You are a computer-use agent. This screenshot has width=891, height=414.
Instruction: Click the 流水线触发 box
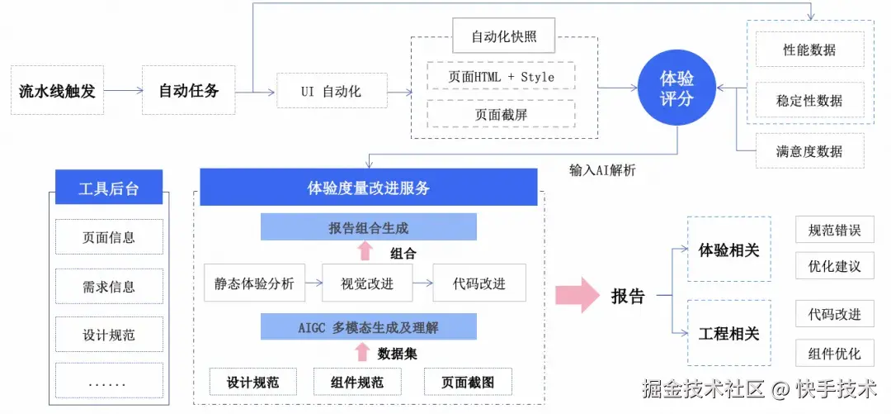(x=57, y=91)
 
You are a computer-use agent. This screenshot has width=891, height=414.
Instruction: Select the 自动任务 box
(x=189, y=91)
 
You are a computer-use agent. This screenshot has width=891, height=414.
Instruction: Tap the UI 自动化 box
(x=331, y=91)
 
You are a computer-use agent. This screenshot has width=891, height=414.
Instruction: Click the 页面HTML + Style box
(x=501, y=77)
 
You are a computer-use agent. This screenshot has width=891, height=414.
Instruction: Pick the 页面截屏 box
(x=501, y=115)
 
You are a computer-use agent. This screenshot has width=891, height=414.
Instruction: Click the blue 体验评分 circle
(x=677, y=88)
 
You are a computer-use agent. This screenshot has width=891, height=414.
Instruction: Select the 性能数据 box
(x=809, y=50)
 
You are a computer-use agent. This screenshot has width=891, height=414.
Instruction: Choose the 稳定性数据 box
(x=809, y=101)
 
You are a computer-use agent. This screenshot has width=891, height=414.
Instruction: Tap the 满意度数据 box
(x=809, y=151)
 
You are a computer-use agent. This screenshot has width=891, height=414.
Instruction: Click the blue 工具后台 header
(x=109, y=188)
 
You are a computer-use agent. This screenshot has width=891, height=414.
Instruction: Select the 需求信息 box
(x=109, y=287)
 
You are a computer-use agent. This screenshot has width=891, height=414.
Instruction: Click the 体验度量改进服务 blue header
(x=369, y=188)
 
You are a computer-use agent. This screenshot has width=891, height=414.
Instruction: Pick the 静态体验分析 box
(x=254, y=283)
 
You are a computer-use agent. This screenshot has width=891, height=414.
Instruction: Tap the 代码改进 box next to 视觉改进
(x=479, y=283)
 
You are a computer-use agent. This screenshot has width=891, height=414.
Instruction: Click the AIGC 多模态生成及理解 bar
(x=369, y=327)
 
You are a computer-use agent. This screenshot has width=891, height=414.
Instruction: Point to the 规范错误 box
(x=834, y=231)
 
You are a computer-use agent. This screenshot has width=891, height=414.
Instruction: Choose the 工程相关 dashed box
(x=728, y=333)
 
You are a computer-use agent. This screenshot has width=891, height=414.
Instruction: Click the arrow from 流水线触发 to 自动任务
(x=123, y=91)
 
